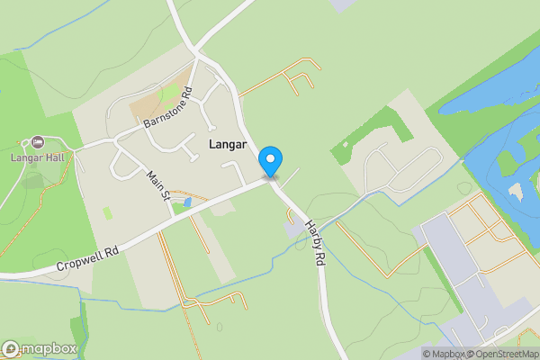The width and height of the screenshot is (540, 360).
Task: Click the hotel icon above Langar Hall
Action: coord(37,142)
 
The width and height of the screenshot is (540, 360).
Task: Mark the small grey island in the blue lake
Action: coord(517,191)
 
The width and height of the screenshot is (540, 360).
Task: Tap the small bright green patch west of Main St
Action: coord(108,213)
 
